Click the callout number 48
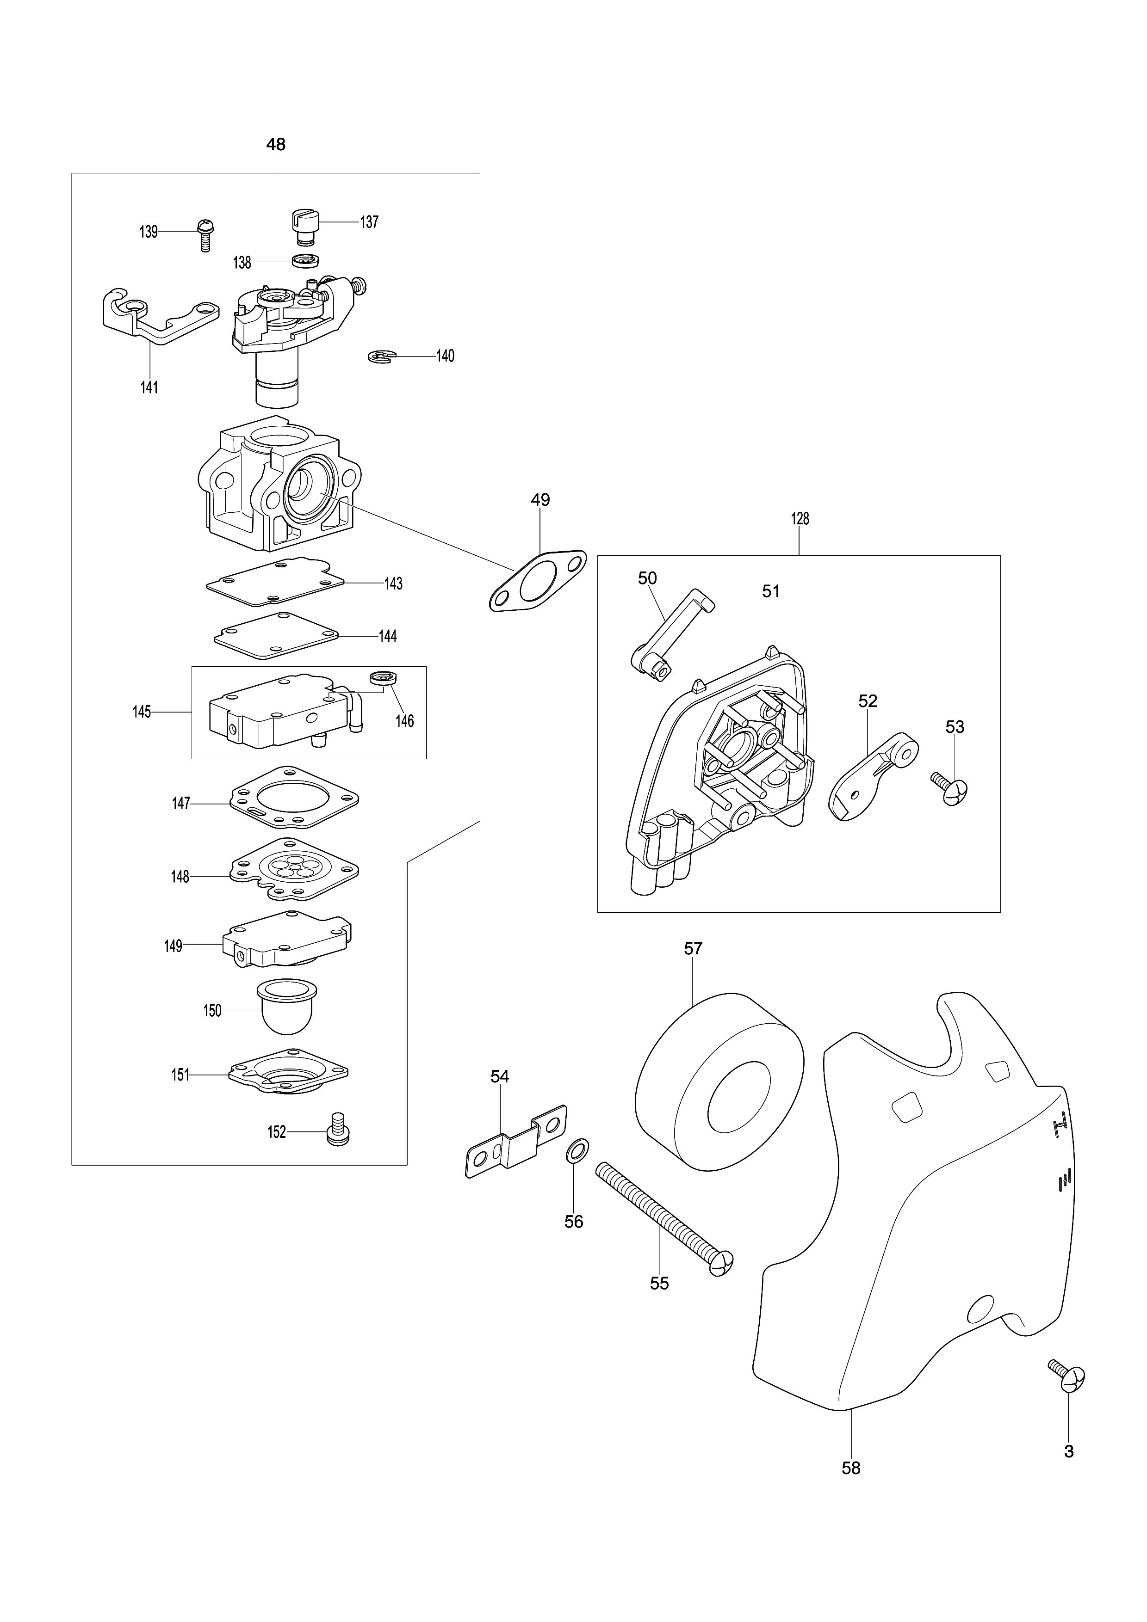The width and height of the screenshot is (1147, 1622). tap(276, 144)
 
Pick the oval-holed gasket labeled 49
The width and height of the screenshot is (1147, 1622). tap(538, 581)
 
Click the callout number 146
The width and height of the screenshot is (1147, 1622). tap(404, 721)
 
